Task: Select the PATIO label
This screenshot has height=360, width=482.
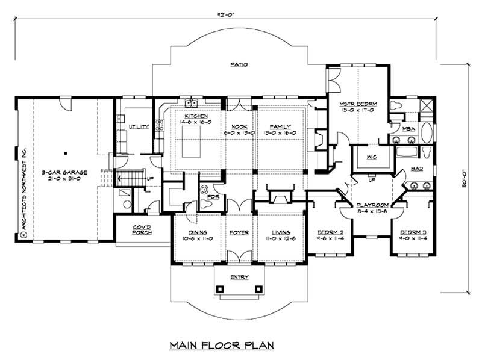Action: pyautogui.click(x=239, y=64)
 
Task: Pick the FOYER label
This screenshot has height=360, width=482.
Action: pyautogui.click(x=239, y=232)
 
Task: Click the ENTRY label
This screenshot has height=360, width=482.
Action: pyautogui.click(x=239, y=278)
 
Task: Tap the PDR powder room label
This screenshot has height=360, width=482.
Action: pyautogui.click(x=211, y=196)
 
